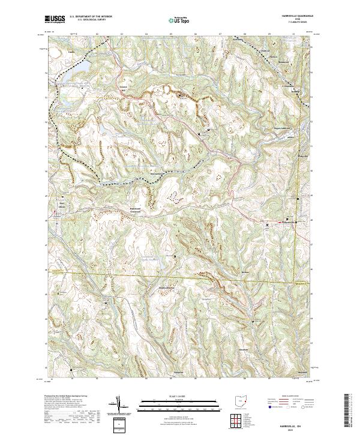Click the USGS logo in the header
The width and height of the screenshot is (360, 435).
(x=55, y=20)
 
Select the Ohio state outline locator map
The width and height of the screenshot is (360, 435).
(x=243, y=400)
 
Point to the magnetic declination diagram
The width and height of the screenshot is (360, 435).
(x=119, y=405)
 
